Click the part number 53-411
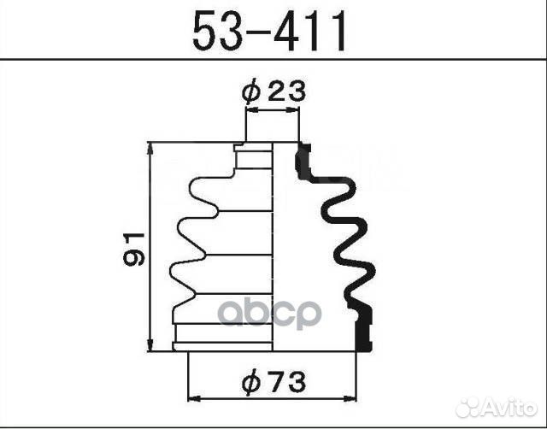click(x=271, y=32)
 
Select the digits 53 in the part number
click(x=217, y=32)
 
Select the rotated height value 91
click(x=132, y=248)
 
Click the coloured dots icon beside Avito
click(x=468, y=408)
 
